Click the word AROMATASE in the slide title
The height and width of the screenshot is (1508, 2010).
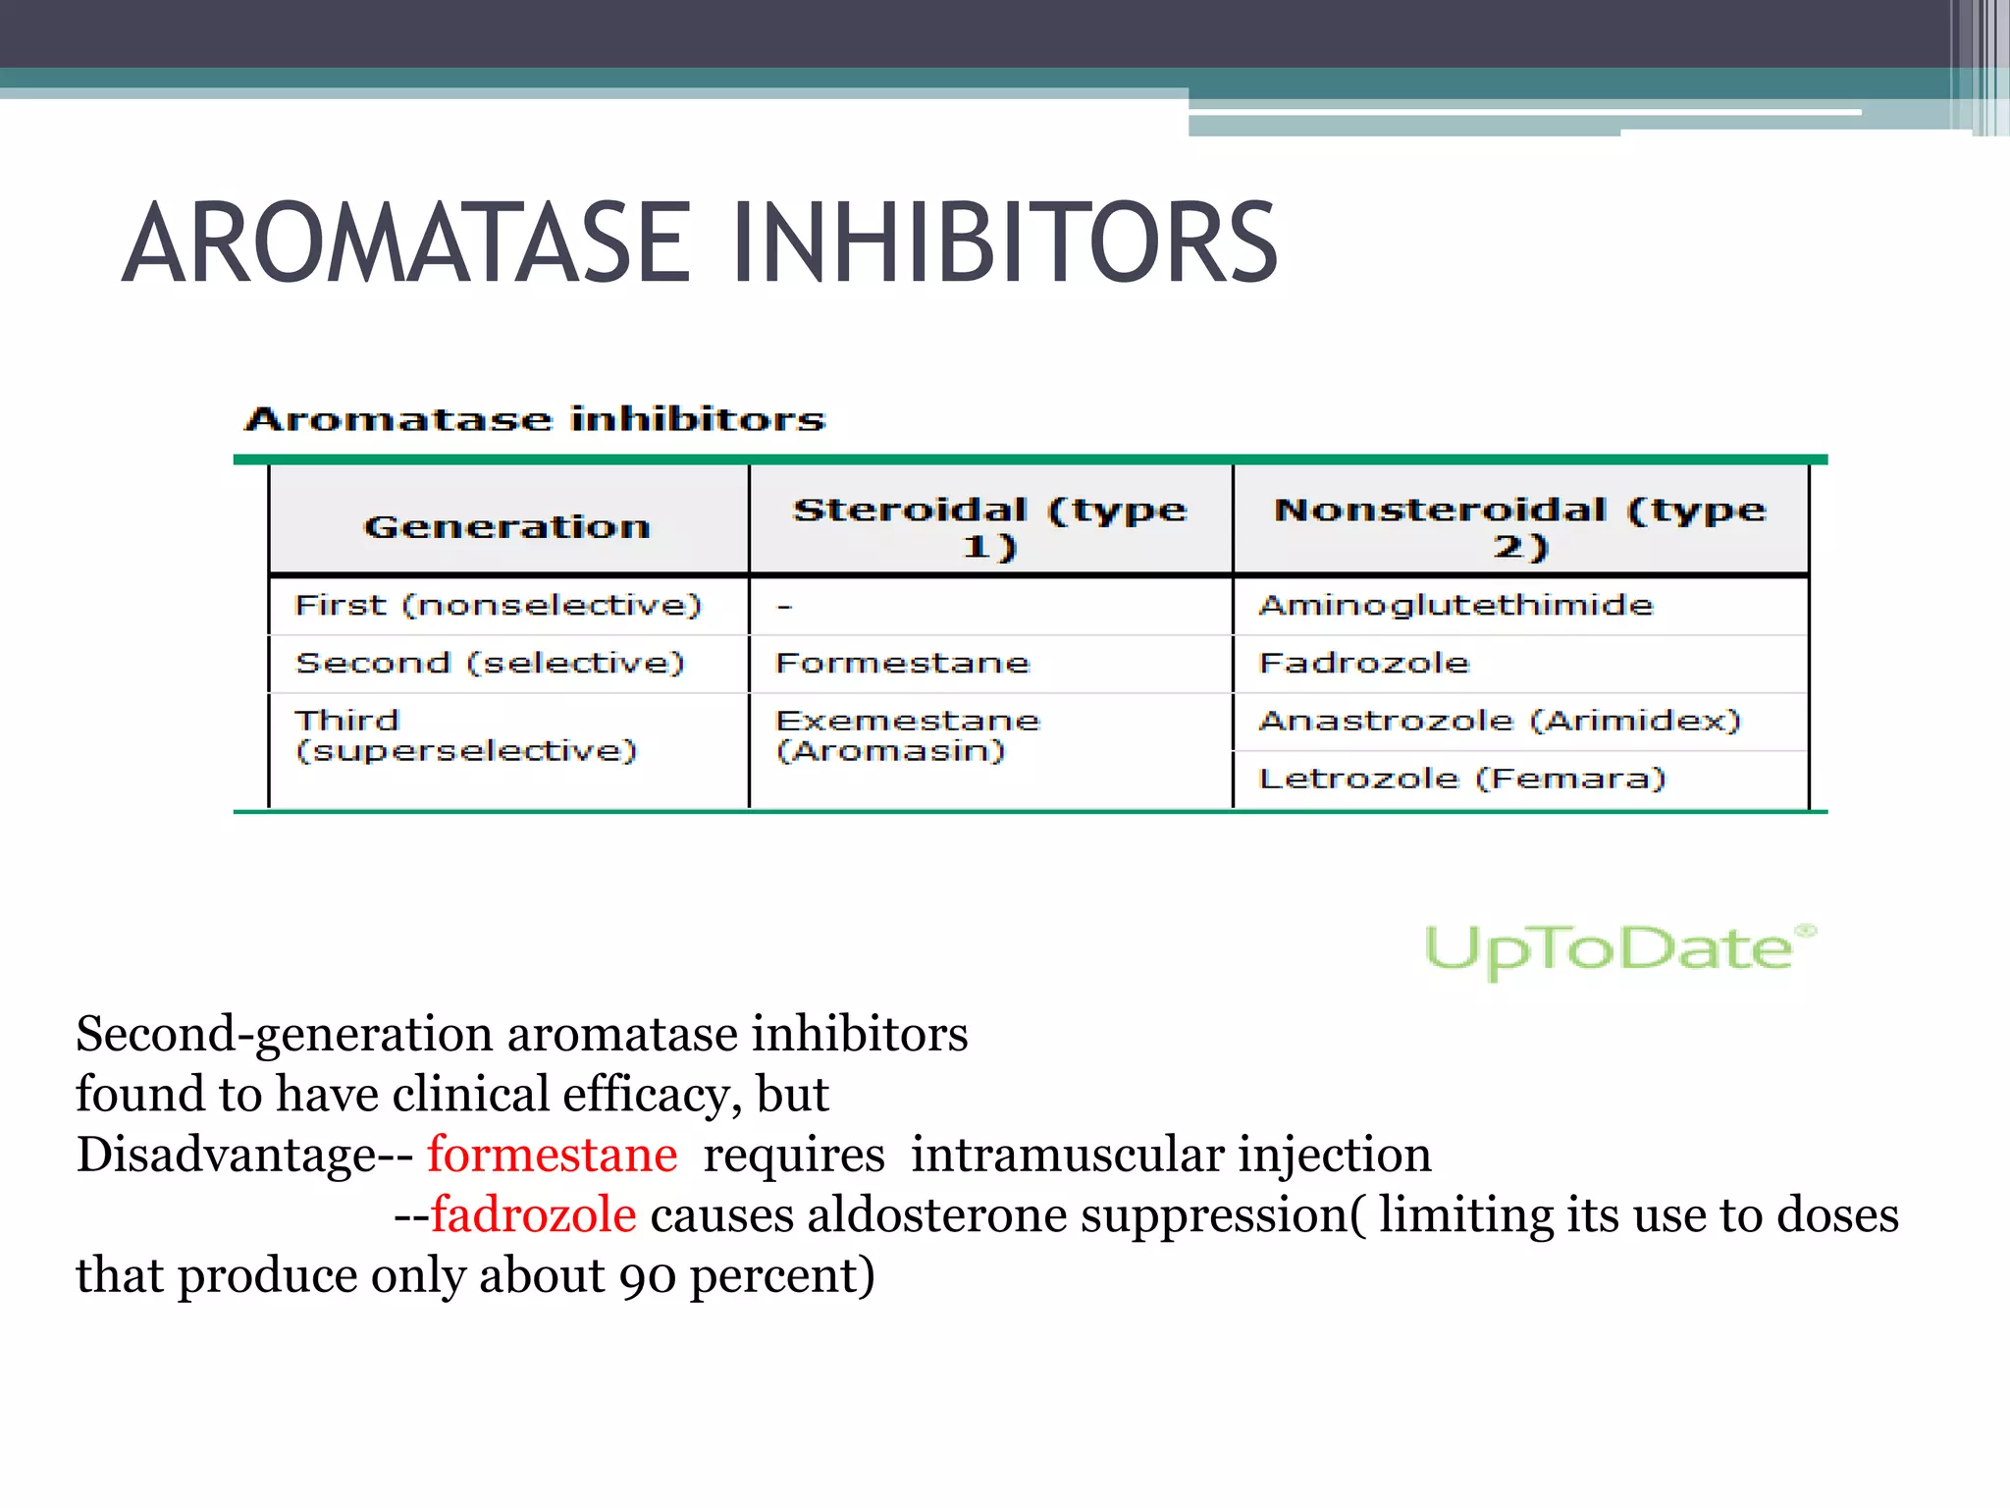[406, 242]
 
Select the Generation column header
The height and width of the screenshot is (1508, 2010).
[506, 527]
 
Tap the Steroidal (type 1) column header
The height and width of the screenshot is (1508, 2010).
[989, 527]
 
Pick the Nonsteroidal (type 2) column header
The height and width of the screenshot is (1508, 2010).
[1519, 527]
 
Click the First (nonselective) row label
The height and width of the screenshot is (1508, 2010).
[499, 605]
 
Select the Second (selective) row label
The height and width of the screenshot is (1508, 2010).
[490, 663]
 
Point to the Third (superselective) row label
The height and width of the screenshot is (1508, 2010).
[466, 735]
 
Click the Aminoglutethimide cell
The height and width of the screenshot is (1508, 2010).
[1455, 605]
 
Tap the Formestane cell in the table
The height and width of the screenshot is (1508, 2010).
[902, 663]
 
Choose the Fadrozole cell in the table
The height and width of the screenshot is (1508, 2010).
[1363, 663]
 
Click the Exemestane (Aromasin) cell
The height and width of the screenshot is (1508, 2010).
[907, 735]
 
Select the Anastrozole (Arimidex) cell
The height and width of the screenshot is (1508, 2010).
[1500, 721]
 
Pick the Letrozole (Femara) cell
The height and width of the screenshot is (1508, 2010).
[1462, 779]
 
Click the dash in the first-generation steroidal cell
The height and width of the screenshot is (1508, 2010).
[784, 607]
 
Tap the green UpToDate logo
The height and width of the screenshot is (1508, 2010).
[1618, 949]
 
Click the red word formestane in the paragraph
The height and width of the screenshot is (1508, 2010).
[552, 1155]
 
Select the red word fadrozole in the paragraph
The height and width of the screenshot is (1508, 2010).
[534, 1215]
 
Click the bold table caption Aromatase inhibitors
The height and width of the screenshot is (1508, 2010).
[535, 419]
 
